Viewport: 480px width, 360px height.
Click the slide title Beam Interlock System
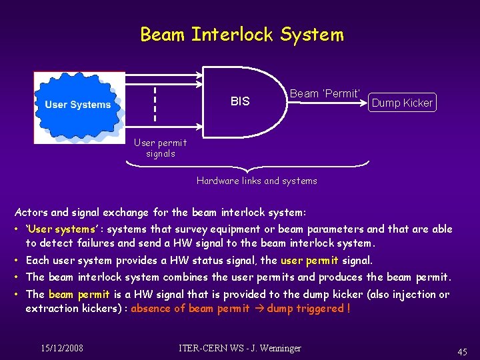coord(241,35)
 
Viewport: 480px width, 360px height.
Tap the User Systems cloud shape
coord(79,105)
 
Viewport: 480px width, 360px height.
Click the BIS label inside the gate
coord(240,101)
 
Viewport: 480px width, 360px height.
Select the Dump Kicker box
coord(402,102)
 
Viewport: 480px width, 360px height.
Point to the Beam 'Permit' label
coord(325,93)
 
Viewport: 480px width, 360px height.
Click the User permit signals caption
coord(160,148)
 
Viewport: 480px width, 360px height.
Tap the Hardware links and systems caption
coord(257,181)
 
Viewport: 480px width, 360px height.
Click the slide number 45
coord(462,352)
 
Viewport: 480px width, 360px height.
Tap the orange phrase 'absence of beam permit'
coord(190,308)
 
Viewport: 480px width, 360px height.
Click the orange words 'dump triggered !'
coord(309,308)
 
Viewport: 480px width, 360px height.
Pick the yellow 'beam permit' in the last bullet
coord(79,294)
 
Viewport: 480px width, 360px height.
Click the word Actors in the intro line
coord(31,213)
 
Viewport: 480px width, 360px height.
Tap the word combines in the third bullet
coord(185,277)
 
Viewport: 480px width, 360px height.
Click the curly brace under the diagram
coord(257,164)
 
